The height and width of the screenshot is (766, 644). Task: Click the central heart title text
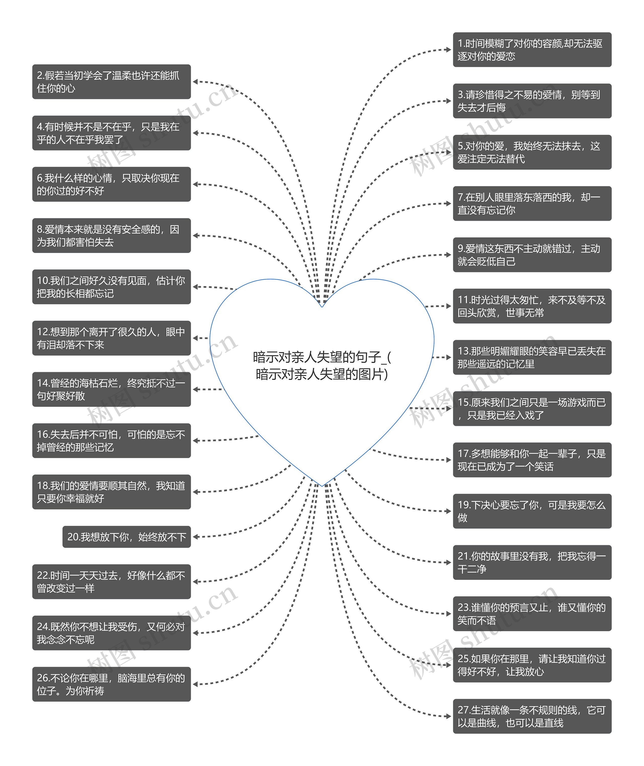(322, 365)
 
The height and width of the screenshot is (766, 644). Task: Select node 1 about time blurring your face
(532, 50)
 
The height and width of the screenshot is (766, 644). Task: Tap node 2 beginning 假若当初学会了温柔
(111, 82)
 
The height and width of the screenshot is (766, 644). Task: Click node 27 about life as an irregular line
(532, 716)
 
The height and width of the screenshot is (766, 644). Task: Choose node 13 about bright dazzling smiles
(532, 357)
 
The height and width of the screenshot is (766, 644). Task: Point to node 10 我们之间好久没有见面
(111, 287)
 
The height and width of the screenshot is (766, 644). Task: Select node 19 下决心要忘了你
(532, 511)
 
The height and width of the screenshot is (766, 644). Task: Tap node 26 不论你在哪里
(111, 684)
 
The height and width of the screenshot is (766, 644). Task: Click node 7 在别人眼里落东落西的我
(532, 204)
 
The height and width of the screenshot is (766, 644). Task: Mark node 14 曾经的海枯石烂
(111, 390)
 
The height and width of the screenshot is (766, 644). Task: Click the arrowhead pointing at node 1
(449, 50)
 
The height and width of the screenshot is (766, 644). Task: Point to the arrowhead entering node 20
(195, 537)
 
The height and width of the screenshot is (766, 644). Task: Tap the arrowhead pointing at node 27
(449, 716)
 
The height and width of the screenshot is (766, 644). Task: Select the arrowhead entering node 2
(195, 82)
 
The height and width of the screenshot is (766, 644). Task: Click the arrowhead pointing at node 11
(449, 306)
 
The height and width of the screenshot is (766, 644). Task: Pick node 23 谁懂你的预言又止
(532, 614)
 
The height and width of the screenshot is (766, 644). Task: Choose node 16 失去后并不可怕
(111, 441)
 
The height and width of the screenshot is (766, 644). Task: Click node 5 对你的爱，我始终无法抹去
(532, 152)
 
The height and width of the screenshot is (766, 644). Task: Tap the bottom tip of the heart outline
(322, 486)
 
